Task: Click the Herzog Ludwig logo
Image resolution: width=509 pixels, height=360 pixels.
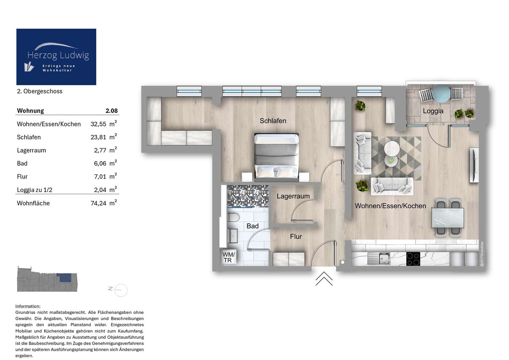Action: [56, 57]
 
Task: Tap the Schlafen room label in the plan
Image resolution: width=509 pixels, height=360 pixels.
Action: [273, 121]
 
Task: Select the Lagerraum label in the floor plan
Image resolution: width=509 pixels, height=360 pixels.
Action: [293, 196]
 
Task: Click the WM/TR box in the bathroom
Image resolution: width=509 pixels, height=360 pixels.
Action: [228, 257]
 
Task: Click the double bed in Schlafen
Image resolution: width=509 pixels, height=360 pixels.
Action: [277, 156]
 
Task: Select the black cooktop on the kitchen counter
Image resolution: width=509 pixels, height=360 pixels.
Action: [414, 259]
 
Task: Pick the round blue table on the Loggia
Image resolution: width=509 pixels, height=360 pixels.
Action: [441, 94]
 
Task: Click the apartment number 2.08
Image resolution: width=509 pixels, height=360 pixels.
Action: [112, 111]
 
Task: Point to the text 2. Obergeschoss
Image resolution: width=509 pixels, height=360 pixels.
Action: [39, 91]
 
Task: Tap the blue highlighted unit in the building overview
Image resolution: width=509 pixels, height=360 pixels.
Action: [64, 278]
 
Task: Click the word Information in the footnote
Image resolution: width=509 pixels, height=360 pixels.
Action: [28, 306]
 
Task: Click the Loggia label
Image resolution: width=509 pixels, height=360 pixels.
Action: [433, 111]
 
